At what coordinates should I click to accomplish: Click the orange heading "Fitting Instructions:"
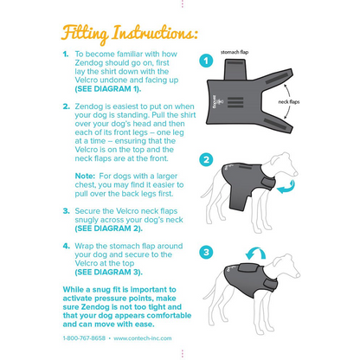(130, 35)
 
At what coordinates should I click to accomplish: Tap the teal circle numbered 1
(206, 61)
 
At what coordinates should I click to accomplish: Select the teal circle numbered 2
(206, 159)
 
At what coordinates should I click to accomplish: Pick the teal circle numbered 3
(206, 253)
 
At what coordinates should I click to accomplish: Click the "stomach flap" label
(235, 52)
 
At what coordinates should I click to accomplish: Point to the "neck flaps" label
(289, 102)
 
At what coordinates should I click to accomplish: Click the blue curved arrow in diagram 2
(286, 187)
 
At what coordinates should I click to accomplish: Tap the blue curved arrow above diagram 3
(255, 254)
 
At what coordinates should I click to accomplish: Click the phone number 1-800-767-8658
(84, 338)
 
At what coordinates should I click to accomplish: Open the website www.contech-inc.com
(143, 338)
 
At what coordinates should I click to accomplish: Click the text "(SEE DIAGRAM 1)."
(108, 89)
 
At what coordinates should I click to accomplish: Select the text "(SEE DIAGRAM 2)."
(108, 228)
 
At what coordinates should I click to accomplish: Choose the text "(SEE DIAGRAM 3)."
(108, 272)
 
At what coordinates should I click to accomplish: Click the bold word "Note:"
(85, 176)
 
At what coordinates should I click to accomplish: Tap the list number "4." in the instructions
(67, 246)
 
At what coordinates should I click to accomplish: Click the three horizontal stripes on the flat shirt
(235, 102)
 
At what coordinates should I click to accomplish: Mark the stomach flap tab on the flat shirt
(235, 69)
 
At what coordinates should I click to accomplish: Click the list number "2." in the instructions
(67, 106)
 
